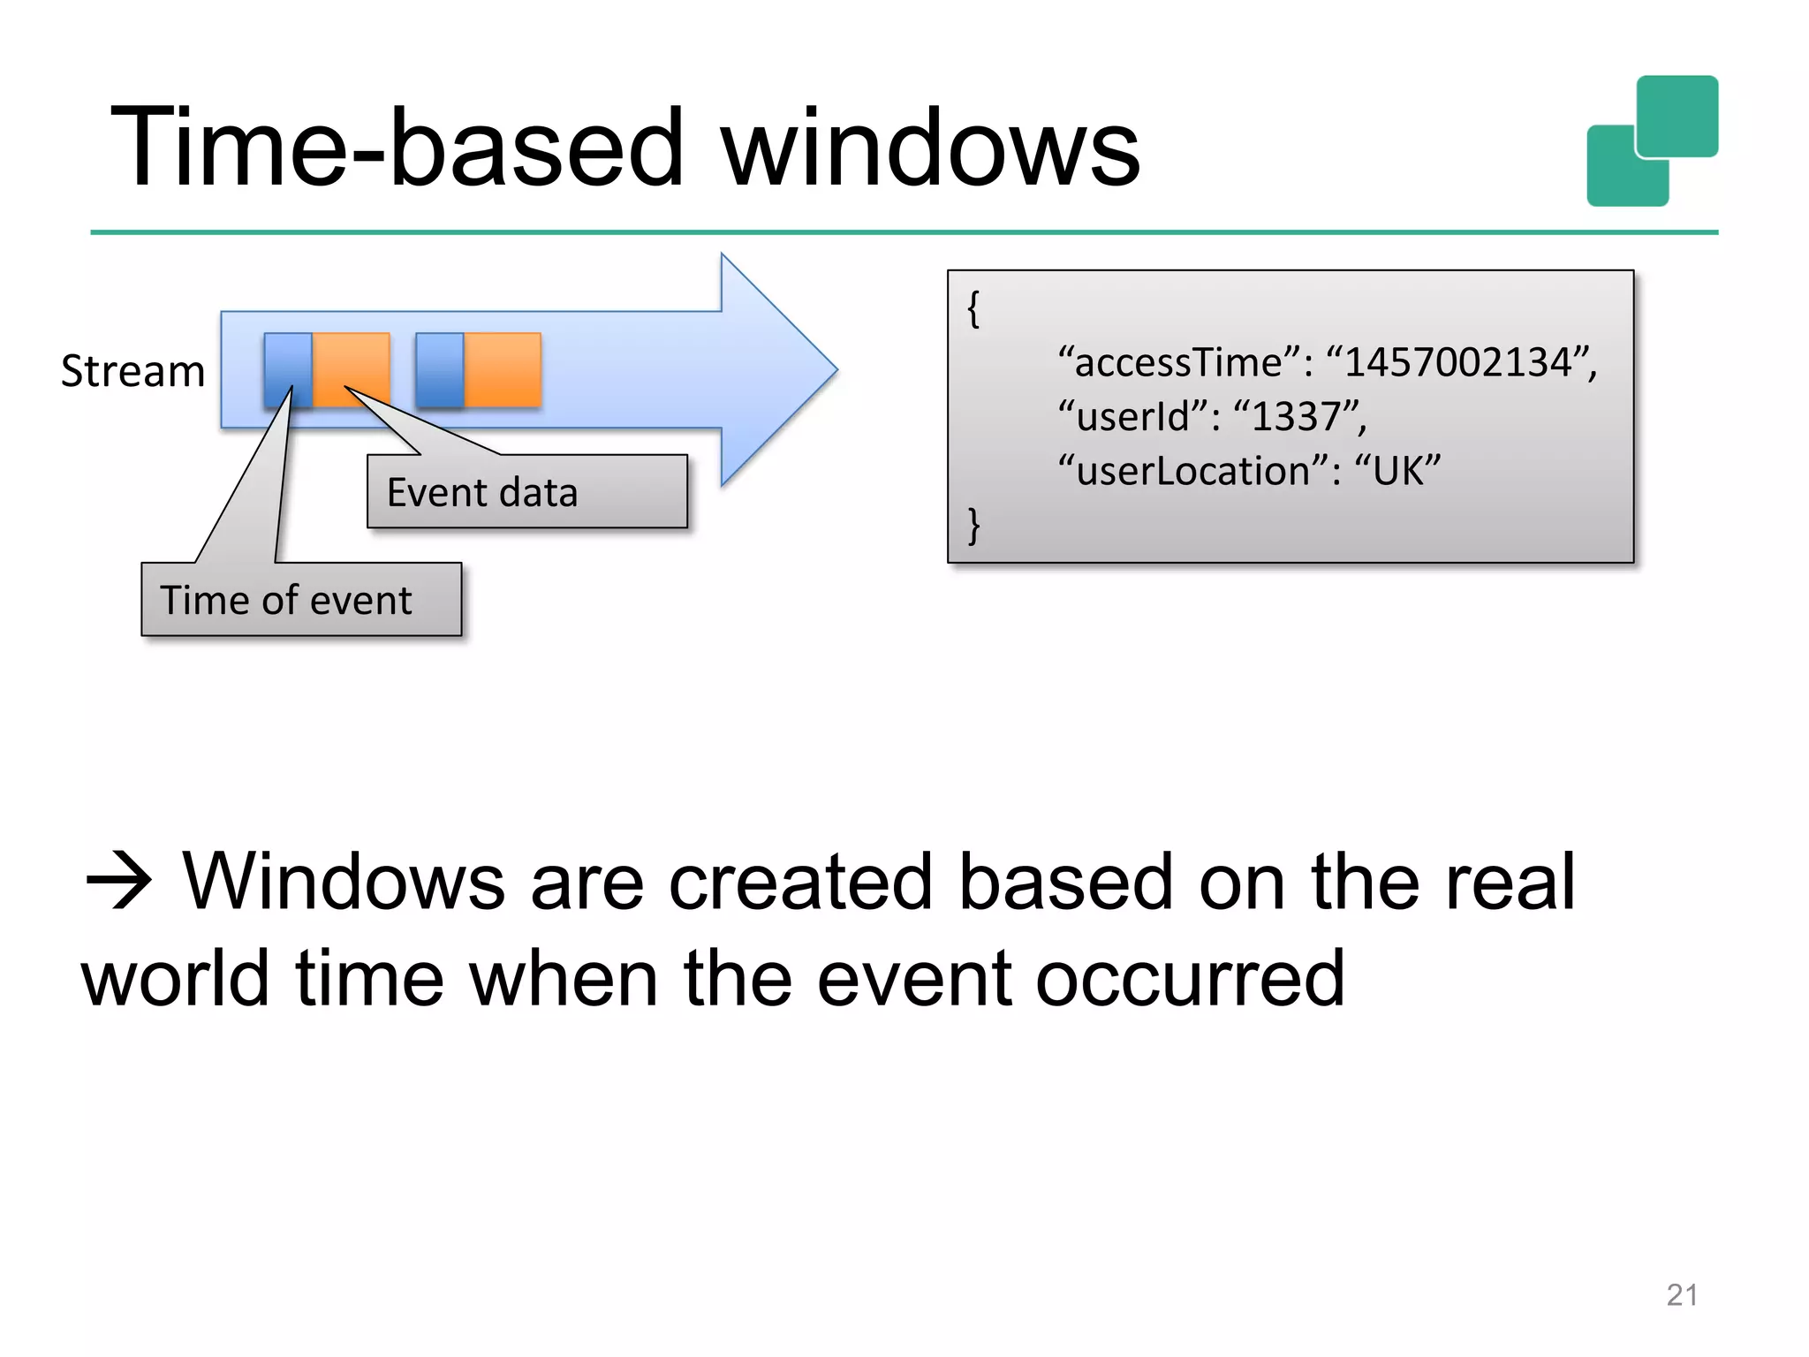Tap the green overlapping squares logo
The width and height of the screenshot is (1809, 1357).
pos(1652,141)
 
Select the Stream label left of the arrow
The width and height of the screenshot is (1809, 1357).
pos(132,371)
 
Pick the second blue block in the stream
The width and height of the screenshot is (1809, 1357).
pos(439,369)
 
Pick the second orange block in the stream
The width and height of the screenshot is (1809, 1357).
pos(503,369)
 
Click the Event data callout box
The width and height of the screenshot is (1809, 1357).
pos(526,492)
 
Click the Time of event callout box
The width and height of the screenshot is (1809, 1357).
pos(300,600)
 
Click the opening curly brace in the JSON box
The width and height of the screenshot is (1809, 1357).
pos(973,309)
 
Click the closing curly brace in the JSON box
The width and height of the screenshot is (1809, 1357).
pos(973,526)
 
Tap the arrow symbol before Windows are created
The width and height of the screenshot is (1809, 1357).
pos(119,882)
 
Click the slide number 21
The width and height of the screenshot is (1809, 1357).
pos(1681,1295)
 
